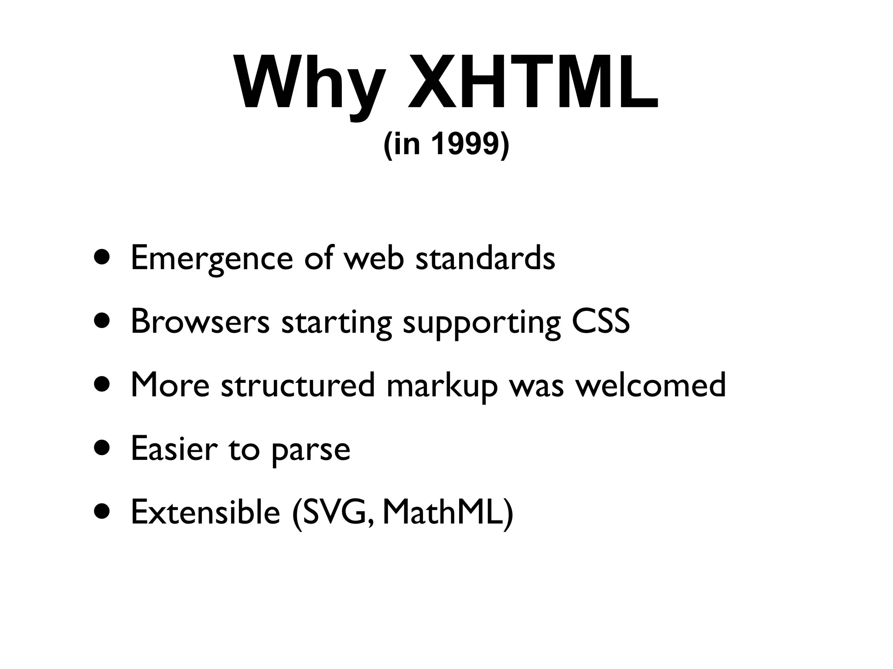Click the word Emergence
211,259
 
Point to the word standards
485,258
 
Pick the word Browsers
200,321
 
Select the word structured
298,385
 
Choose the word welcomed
651,385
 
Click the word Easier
174,449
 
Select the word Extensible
205,512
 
